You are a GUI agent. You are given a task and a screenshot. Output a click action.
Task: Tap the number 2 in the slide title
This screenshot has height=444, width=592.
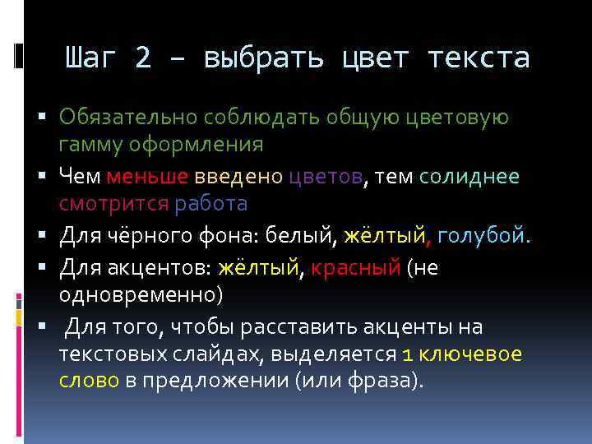143,58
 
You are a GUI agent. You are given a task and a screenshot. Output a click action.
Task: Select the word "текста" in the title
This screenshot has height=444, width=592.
479,58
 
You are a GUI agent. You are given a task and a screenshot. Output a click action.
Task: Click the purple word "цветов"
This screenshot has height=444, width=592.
326,176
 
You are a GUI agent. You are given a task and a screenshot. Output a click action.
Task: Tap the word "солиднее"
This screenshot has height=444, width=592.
469,176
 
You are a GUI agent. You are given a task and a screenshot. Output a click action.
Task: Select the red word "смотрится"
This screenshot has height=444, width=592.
112,202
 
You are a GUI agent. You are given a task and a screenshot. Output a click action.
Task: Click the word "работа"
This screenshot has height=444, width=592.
211,202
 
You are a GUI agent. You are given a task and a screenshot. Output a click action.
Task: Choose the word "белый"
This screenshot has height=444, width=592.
302,237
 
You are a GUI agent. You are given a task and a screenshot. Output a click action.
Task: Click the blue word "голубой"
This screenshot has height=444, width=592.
484,237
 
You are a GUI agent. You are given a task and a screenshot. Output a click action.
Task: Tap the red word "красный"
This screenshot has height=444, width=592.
355,268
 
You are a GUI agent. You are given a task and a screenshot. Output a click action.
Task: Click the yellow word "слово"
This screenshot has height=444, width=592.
89,381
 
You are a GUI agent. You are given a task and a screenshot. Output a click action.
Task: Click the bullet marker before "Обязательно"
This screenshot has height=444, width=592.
49,118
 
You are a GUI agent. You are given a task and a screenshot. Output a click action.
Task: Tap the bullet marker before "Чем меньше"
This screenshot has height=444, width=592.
49,176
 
